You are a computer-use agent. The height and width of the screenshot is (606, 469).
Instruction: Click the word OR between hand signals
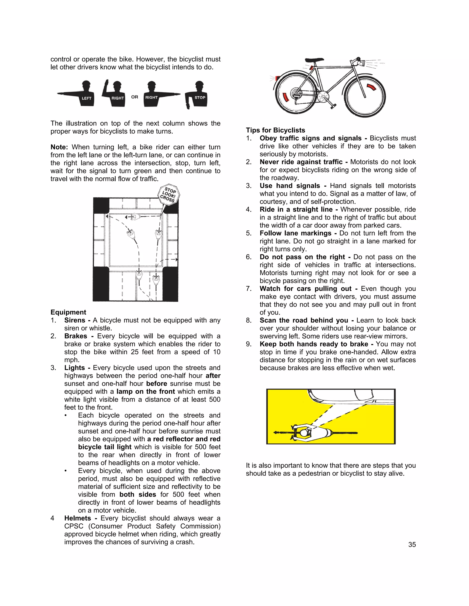point(135,97)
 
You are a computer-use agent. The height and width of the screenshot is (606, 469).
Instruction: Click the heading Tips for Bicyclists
point(275,130)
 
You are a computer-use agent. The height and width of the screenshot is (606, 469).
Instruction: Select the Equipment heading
point(68,312)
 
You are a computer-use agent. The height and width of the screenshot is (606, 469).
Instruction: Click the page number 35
point(412,545)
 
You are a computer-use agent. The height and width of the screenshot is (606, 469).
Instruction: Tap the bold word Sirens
point(74,320)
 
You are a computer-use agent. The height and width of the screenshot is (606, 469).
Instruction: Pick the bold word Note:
point(59,147)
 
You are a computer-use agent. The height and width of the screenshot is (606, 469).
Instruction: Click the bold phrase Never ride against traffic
point(301,162)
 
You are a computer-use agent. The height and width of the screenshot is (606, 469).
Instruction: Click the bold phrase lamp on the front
point(146,391)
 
